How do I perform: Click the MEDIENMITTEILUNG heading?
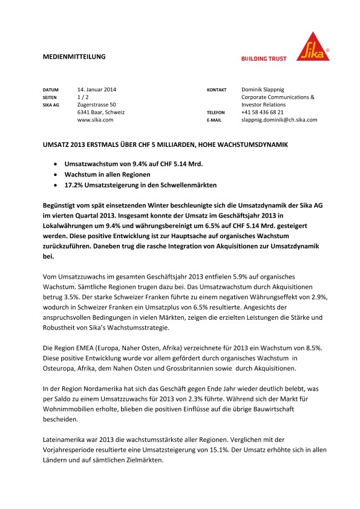(74, 56)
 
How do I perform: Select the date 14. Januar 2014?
(97, 89)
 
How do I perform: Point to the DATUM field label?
(51, 89)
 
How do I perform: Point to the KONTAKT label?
(217, 89)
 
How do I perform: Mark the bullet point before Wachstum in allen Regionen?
(56, 174)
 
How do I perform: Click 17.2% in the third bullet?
(74, 184)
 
